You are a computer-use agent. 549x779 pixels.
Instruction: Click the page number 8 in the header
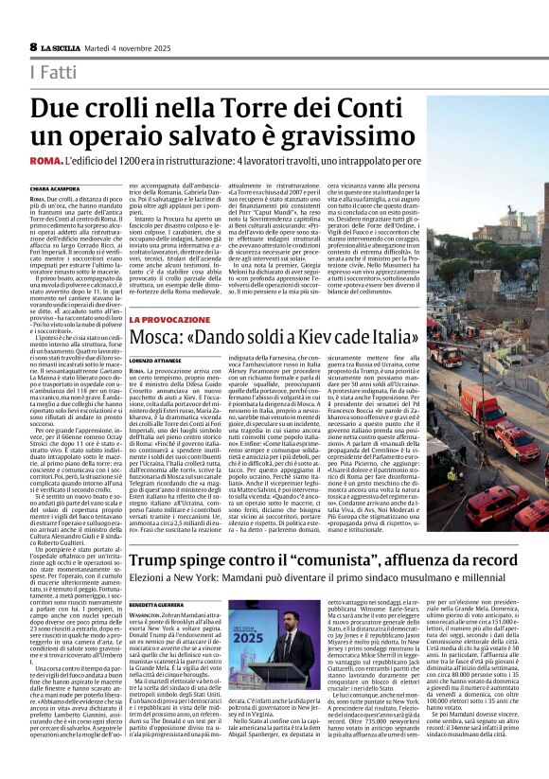[33, 46]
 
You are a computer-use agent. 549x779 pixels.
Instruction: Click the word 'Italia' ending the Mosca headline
[387, 337]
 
